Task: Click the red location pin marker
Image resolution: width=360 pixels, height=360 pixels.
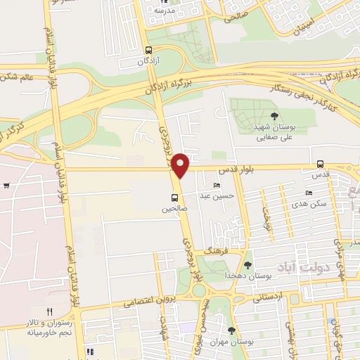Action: coord(181,165)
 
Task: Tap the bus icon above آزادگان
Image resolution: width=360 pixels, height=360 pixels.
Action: coord(148,50)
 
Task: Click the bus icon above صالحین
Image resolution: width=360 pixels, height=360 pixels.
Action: coord(174,198)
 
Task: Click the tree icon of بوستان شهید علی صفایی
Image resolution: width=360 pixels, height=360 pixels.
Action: coord(274,116)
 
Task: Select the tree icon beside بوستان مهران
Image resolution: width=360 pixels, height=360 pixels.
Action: coord(231,330)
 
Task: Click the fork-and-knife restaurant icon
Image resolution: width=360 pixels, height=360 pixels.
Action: coord(49,311)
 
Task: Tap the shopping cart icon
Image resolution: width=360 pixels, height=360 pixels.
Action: coord(6,186)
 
